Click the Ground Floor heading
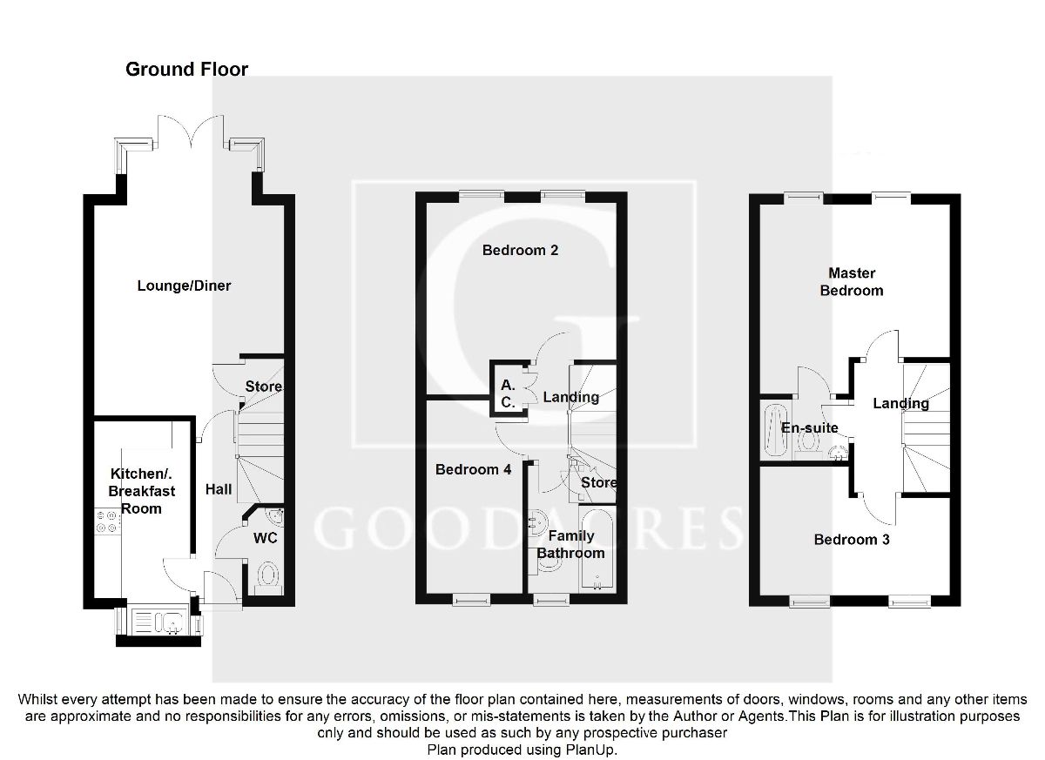(x=186, y=70)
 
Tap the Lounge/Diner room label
(x=184, y=286)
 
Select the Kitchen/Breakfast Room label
(x=141, y=491)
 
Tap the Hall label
(x=219, y=490)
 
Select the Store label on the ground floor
(x=262, y=387)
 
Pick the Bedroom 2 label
(x=520, y=251)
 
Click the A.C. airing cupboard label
(x=508, y=393)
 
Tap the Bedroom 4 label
(x=473, y=470)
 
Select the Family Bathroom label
(x=570, y=544)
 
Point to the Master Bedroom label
(x=852, y=282)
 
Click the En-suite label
(x=810, y=428)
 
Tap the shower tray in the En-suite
(x=774, y=428)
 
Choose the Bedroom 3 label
(x=852, y=540)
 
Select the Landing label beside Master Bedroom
(x=900, y=403)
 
